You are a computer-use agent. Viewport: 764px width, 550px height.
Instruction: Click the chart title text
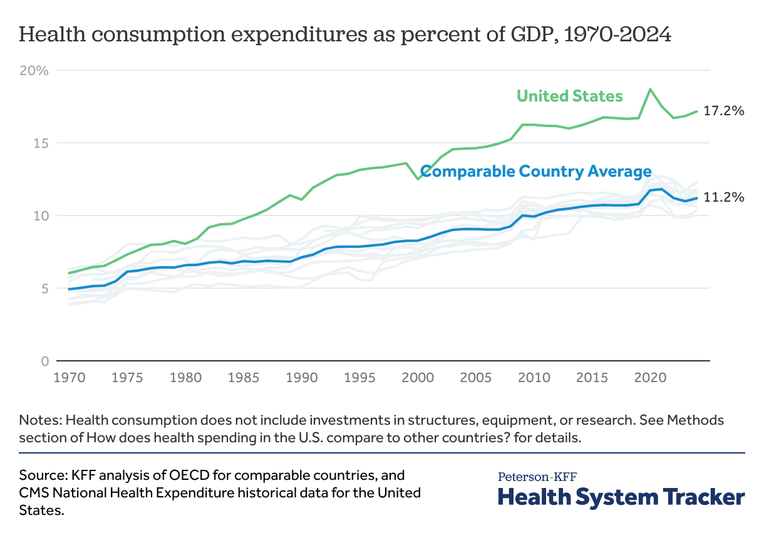[345, 34]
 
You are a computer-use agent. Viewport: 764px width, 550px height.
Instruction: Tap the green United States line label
[569, 96]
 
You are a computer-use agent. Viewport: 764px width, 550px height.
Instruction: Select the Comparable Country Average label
[536, 171]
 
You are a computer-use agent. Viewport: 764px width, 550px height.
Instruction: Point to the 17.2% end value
[723, 111]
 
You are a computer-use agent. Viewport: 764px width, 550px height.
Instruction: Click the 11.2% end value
[723, 197]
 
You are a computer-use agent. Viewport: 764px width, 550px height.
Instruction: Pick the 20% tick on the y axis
[34, 70]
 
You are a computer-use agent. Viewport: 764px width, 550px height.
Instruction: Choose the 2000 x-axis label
[413, 378]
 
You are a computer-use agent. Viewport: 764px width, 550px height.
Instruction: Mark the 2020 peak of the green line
[651, 89]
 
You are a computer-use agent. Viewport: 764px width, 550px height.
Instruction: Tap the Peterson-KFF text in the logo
[537, 477]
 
